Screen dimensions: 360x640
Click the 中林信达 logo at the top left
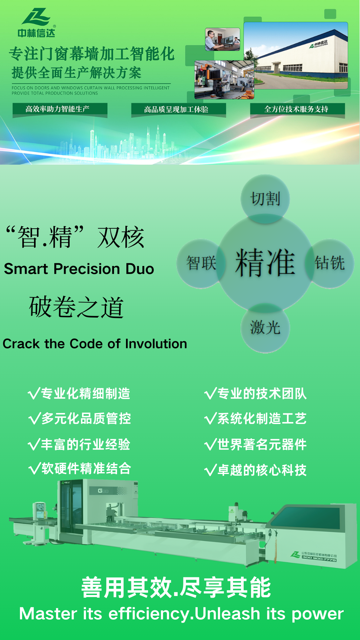36,23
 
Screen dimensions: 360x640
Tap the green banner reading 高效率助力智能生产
60,110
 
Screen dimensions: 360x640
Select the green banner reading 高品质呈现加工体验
179,110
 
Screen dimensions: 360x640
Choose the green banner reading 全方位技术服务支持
297,110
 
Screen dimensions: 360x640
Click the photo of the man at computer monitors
223,39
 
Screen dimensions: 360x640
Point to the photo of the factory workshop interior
224,80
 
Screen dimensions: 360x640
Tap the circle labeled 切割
265,199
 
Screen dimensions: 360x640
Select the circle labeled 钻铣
330,263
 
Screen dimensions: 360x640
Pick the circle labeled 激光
265,328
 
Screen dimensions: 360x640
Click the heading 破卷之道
77,307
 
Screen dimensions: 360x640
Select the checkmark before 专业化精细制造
34,394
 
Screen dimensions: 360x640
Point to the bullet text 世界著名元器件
262,445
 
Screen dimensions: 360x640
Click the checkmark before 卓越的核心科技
211,470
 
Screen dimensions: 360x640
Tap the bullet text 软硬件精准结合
86,468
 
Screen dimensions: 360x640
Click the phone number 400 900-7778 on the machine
319,560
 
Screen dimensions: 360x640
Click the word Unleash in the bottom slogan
227,614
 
